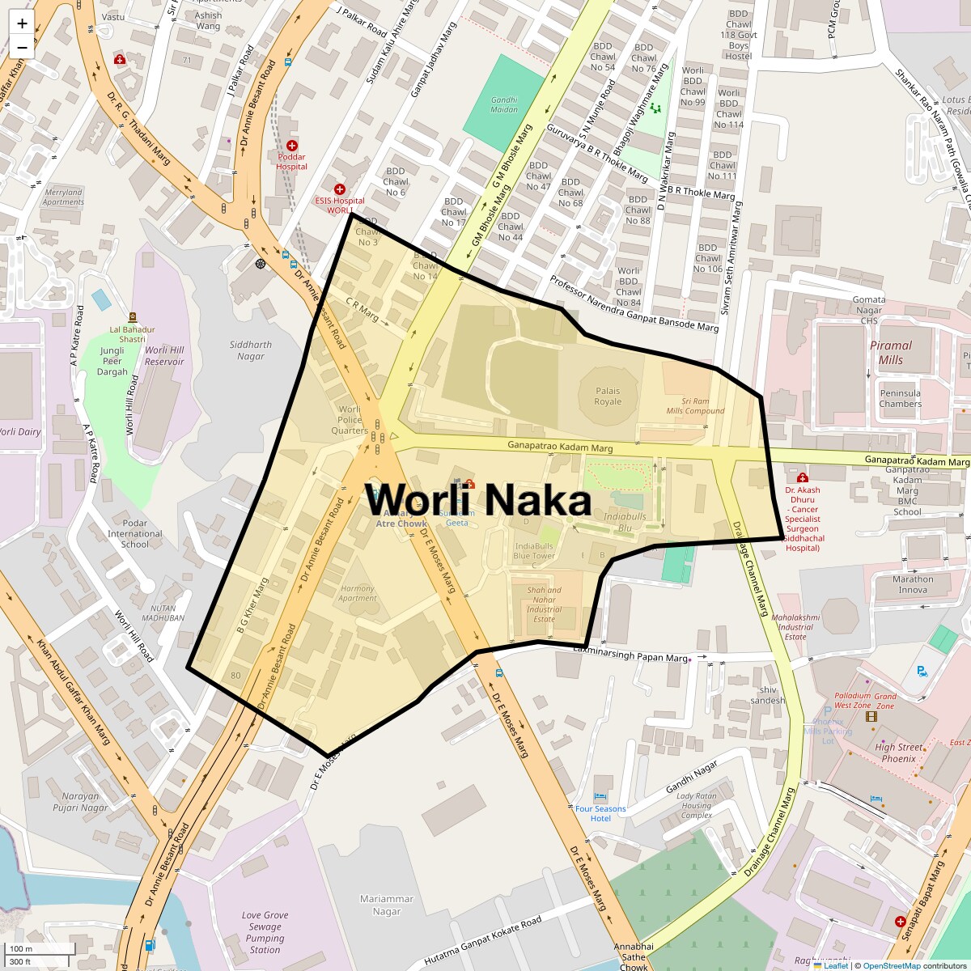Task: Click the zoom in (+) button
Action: click(x=22, y=23)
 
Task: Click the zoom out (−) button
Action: click(x=22, y=47)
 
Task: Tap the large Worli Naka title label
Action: click(x=478, y=499)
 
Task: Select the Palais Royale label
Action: click(x=608, y=396)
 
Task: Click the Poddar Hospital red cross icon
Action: click(x=291, y=146)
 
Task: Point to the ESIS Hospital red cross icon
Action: click(x=340, y=189)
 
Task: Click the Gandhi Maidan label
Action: click(x=504, y=104)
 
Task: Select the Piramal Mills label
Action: click(x=890, y=352)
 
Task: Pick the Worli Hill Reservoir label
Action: click(x=164, y=355)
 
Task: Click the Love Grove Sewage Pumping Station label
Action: click(x=265, y=932)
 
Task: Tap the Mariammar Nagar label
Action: click(x=387, y=905)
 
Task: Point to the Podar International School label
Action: click(x=134, y=533)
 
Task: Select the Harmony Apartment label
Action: click(x=358, y=593)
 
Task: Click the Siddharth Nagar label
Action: click(x=251, y=350)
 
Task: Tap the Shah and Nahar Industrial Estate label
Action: click(x=544, y=604)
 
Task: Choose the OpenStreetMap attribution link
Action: click(x=891, y=965)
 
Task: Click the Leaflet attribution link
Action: click(x=835, y=965)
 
